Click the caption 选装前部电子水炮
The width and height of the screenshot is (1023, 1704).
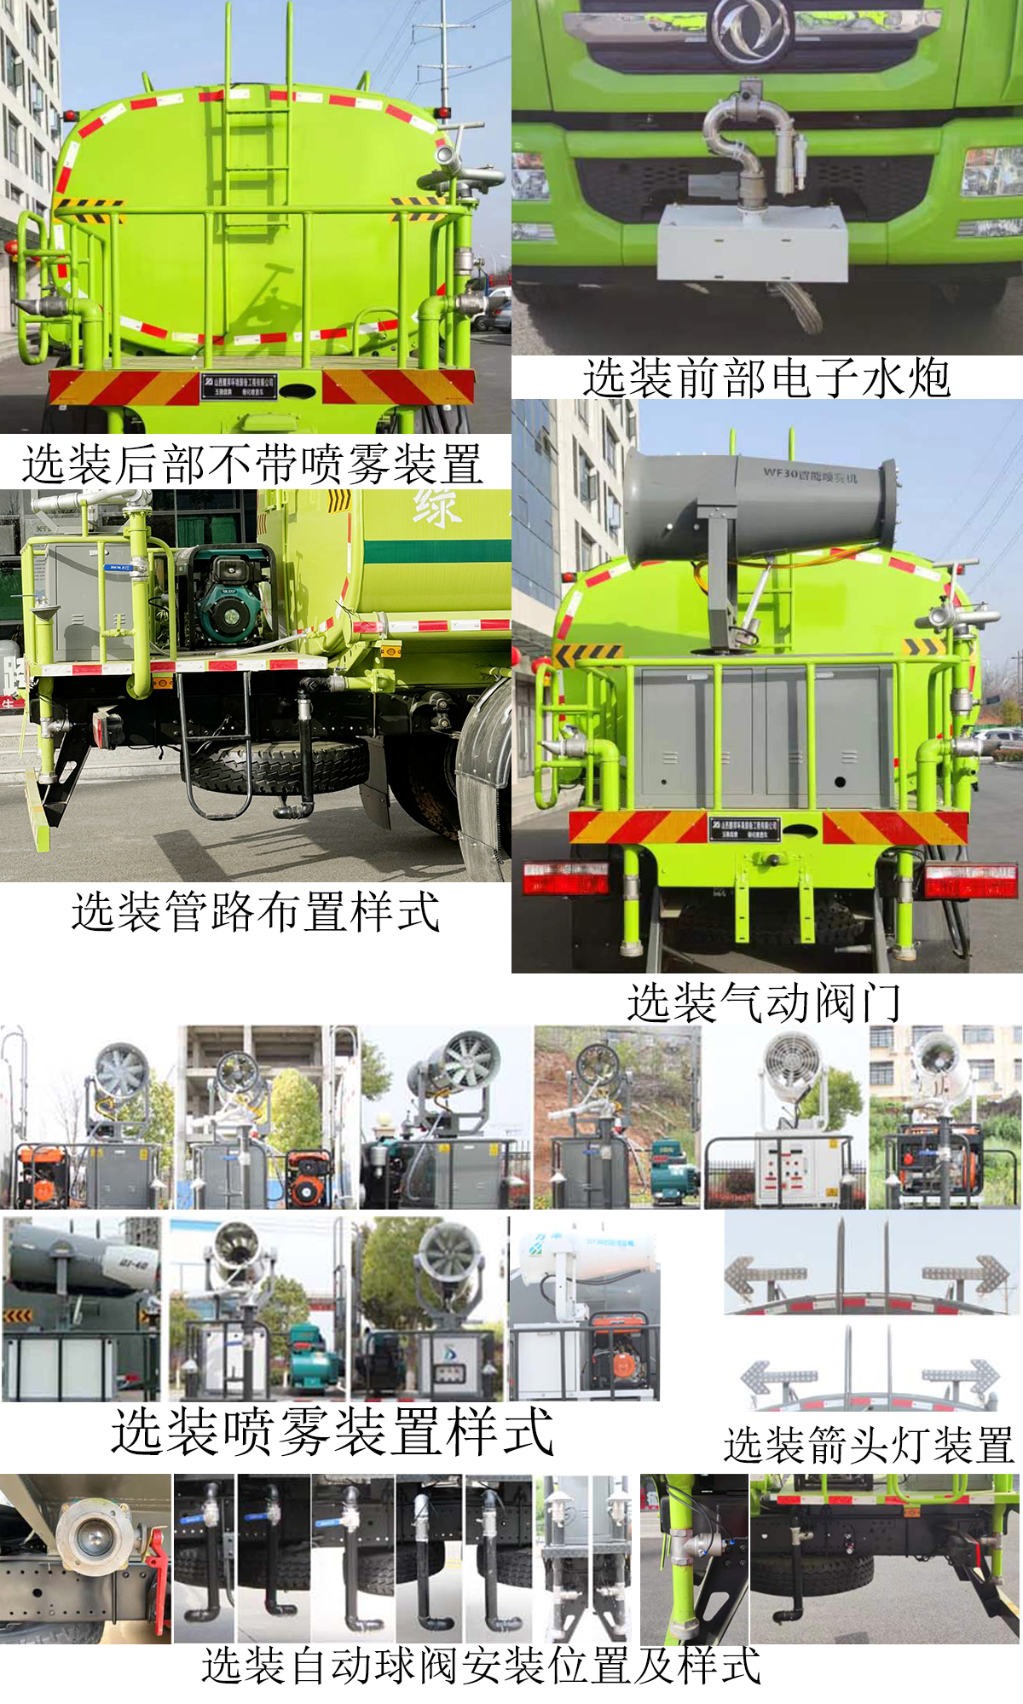click(x=766, y=378)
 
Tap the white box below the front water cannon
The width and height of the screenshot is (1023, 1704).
click(x=752, y=244)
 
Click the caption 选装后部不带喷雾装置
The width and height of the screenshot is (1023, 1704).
click(x=252, y=465)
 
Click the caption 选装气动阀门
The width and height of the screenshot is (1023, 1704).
click(x=764, y=1002)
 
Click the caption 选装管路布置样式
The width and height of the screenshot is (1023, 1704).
click(x=255, y=912)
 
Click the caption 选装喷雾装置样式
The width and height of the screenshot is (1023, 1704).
click(x=332, y=1432)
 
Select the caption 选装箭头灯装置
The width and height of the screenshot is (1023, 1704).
click(x=868, y=1446)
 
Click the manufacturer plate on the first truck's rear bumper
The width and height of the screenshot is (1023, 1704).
click(x=239, y=386)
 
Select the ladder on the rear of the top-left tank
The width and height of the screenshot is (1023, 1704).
click(x=257, y=128)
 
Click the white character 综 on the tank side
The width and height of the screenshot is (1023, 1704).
click(x=437, y=508)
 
